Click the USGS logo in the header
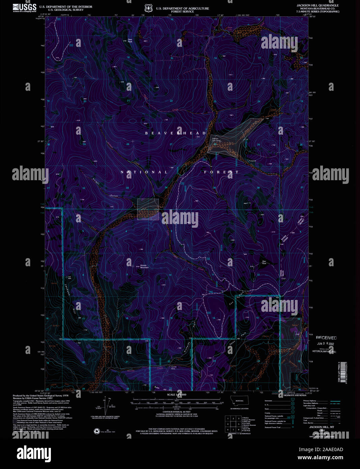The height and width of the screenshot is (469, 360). [x=24, y=8]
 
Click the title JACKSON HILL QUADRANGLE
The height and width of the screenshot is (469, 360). [x=318, y=6]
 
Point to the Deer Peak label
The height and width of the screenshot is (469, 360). [x=130, y=40]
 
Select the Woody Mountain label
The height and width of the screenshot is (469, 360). [x=144, y=266]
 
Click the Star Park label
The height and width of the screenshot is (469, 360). [x=264, y=262]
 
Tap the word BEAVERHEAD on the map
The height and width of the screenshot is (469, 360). [x=175, y=133]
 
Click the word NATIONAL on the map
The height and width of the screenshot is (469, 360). [x=144, y=172]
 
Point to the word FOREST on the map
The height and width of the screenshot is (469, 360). [x=221, y=172]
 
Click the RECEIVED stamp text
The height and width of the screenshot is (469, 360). [x=326, y=338]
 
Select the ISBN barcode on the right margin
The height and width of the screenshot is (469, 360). [x=343, y=372]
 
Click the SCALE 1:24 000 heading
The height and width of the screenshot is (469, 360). [x=176, y=394]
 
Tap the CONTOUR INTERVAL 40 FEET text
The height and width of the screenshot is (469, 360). [x=175, y=412]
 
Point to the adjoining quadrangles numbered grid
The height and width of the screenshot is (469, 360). [x=233, y=423]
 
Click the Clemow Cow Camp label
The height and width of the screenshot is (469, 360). [x=216, y=140]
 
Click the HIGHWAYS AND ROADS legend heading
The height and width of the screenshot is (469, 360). [x=295, y=395]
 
